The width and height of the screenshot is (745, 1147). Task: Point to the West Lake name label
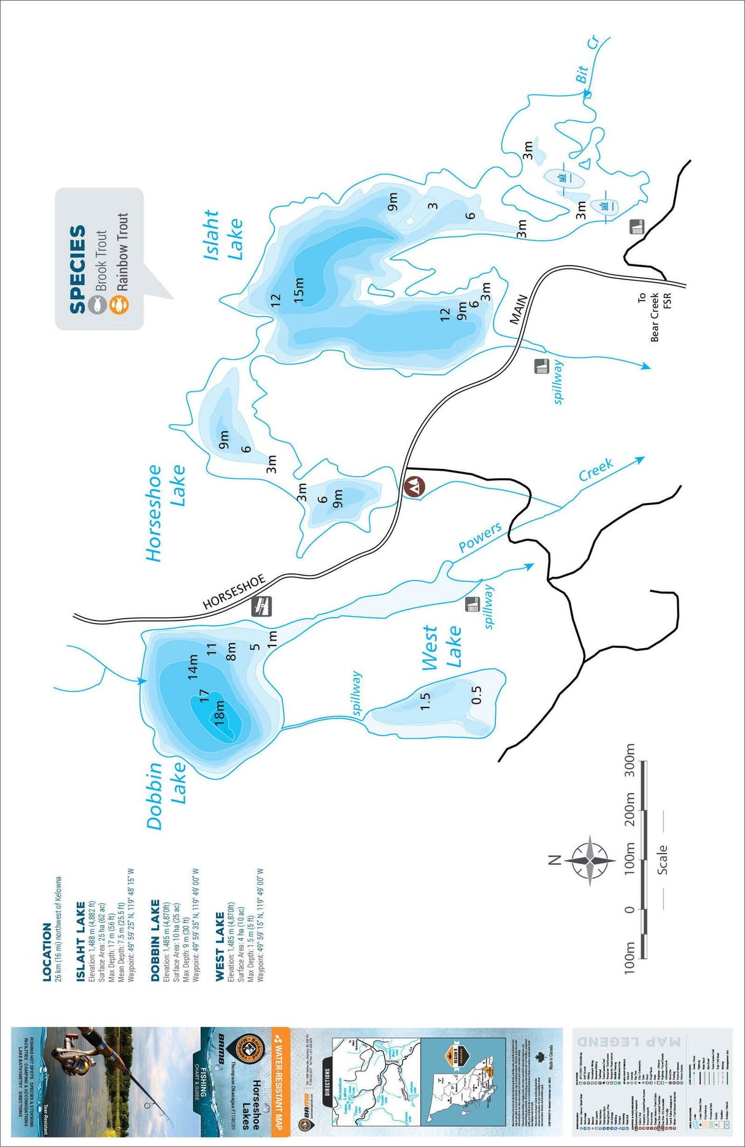441,647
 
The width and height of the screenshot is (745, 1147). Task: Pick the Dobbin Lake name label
166,795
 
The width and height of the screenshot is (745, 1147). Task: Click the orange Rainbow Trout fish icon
119,304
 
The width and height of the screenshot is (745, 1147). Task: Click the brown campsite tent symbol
415,486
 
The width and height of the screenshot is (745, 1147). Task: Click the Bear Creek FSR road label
654,316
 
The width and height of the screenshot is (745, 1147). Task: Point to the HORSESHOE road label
234,592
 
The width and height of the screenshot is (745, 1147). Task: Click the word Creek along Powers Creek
596,470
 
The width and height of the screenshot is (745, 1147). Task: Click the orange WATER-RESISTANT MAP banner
280,1078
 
